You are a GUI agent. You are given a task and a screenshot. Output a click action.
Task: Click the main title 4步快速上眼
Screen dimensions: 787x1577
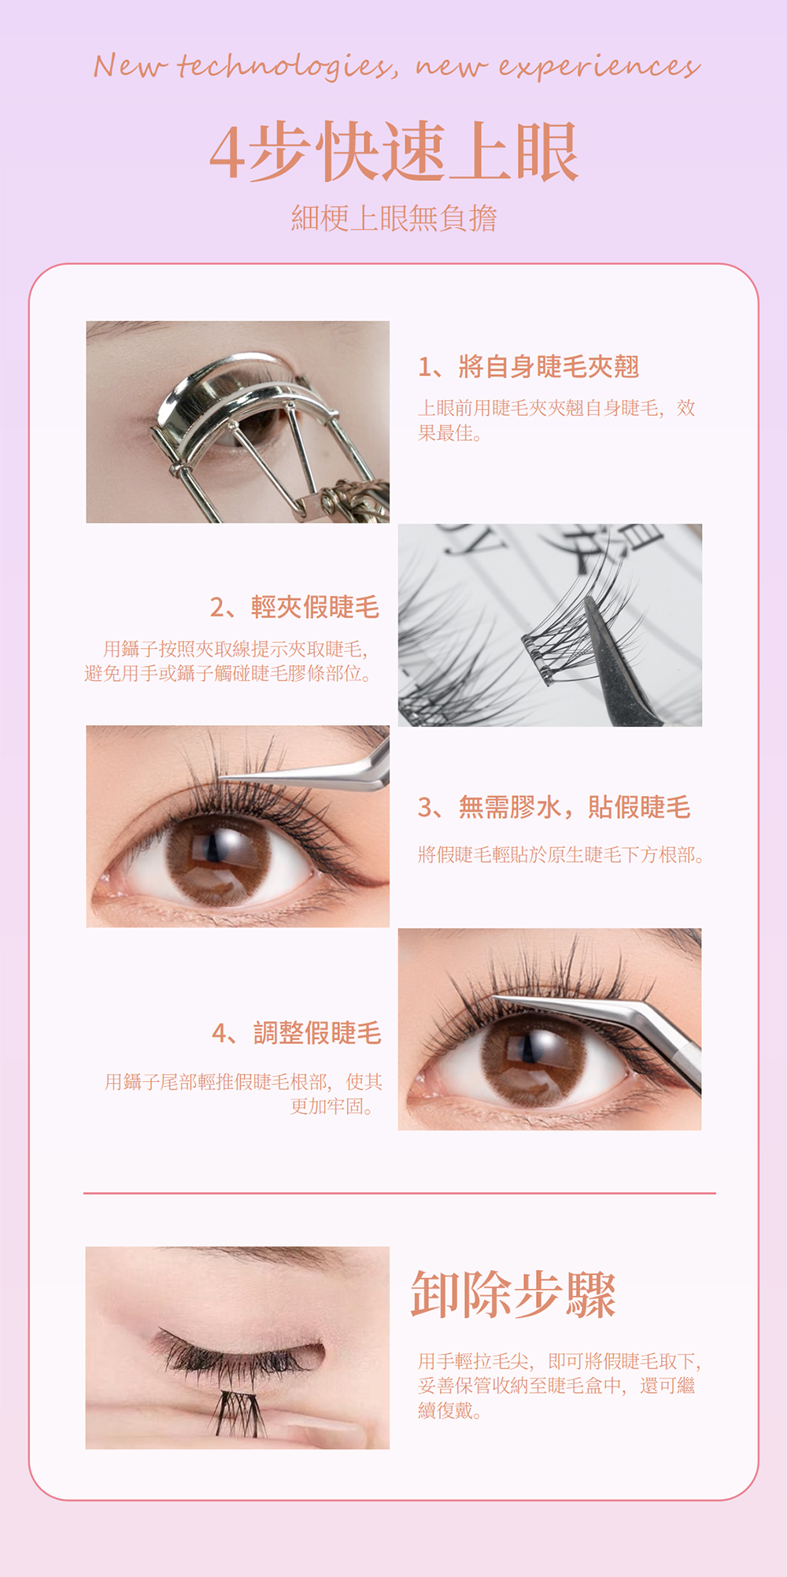coord(393,152)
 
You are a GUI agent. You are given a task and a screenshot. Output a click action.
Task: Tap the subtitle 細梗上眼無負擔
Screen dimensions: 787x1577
coord(393,218)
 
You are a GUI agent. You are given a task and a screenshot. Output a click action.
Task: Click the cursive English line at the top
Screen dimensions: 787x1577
coord(396,66)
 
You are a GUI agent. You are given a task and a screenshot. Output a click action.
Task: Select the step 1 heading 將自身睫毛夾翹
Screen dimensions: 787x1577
coord(528,366)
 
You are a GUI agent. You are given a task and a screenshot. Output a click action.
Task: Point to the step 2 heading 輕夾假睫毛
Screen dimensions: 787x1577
coord(294,607)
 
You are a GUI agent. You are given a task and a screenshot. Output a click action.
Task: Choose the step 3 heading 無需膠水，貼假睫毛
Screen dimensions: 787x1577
coord(554,807)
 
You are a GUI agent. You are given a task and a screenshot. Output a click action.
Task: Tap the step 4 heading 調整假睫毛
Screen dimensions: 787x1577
coord(297,1033)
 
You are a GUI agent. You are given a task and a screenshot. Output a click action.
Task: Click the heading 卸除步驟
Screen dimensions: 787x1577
coord(513,1294)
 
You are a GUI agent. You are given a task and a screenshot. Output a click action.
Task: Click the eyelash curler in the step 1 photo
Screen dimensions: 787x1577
coord(268,441)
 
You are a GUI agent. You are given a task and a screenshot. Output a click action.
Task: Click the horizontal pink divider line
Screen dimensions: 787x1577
coord(400,1193)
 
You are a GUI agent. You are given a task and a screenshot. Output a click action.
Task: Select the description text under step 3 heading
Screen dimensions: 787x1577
coord(561,854)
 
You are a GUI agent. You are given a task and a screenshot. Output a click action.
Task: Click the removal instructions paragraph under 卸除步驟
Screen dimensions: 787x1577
coord(560,1386)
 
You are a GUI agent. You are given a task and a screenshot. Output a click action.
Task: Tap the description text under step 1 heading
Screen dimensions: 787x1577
coord(556,420)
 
